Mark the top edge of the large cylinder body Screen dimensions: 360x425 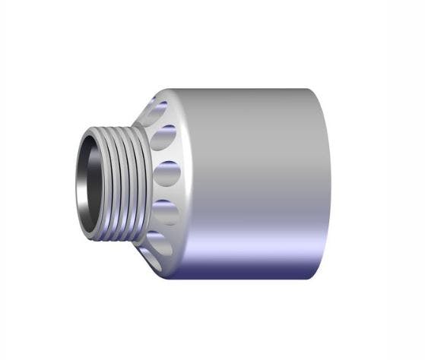[243, 90]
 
